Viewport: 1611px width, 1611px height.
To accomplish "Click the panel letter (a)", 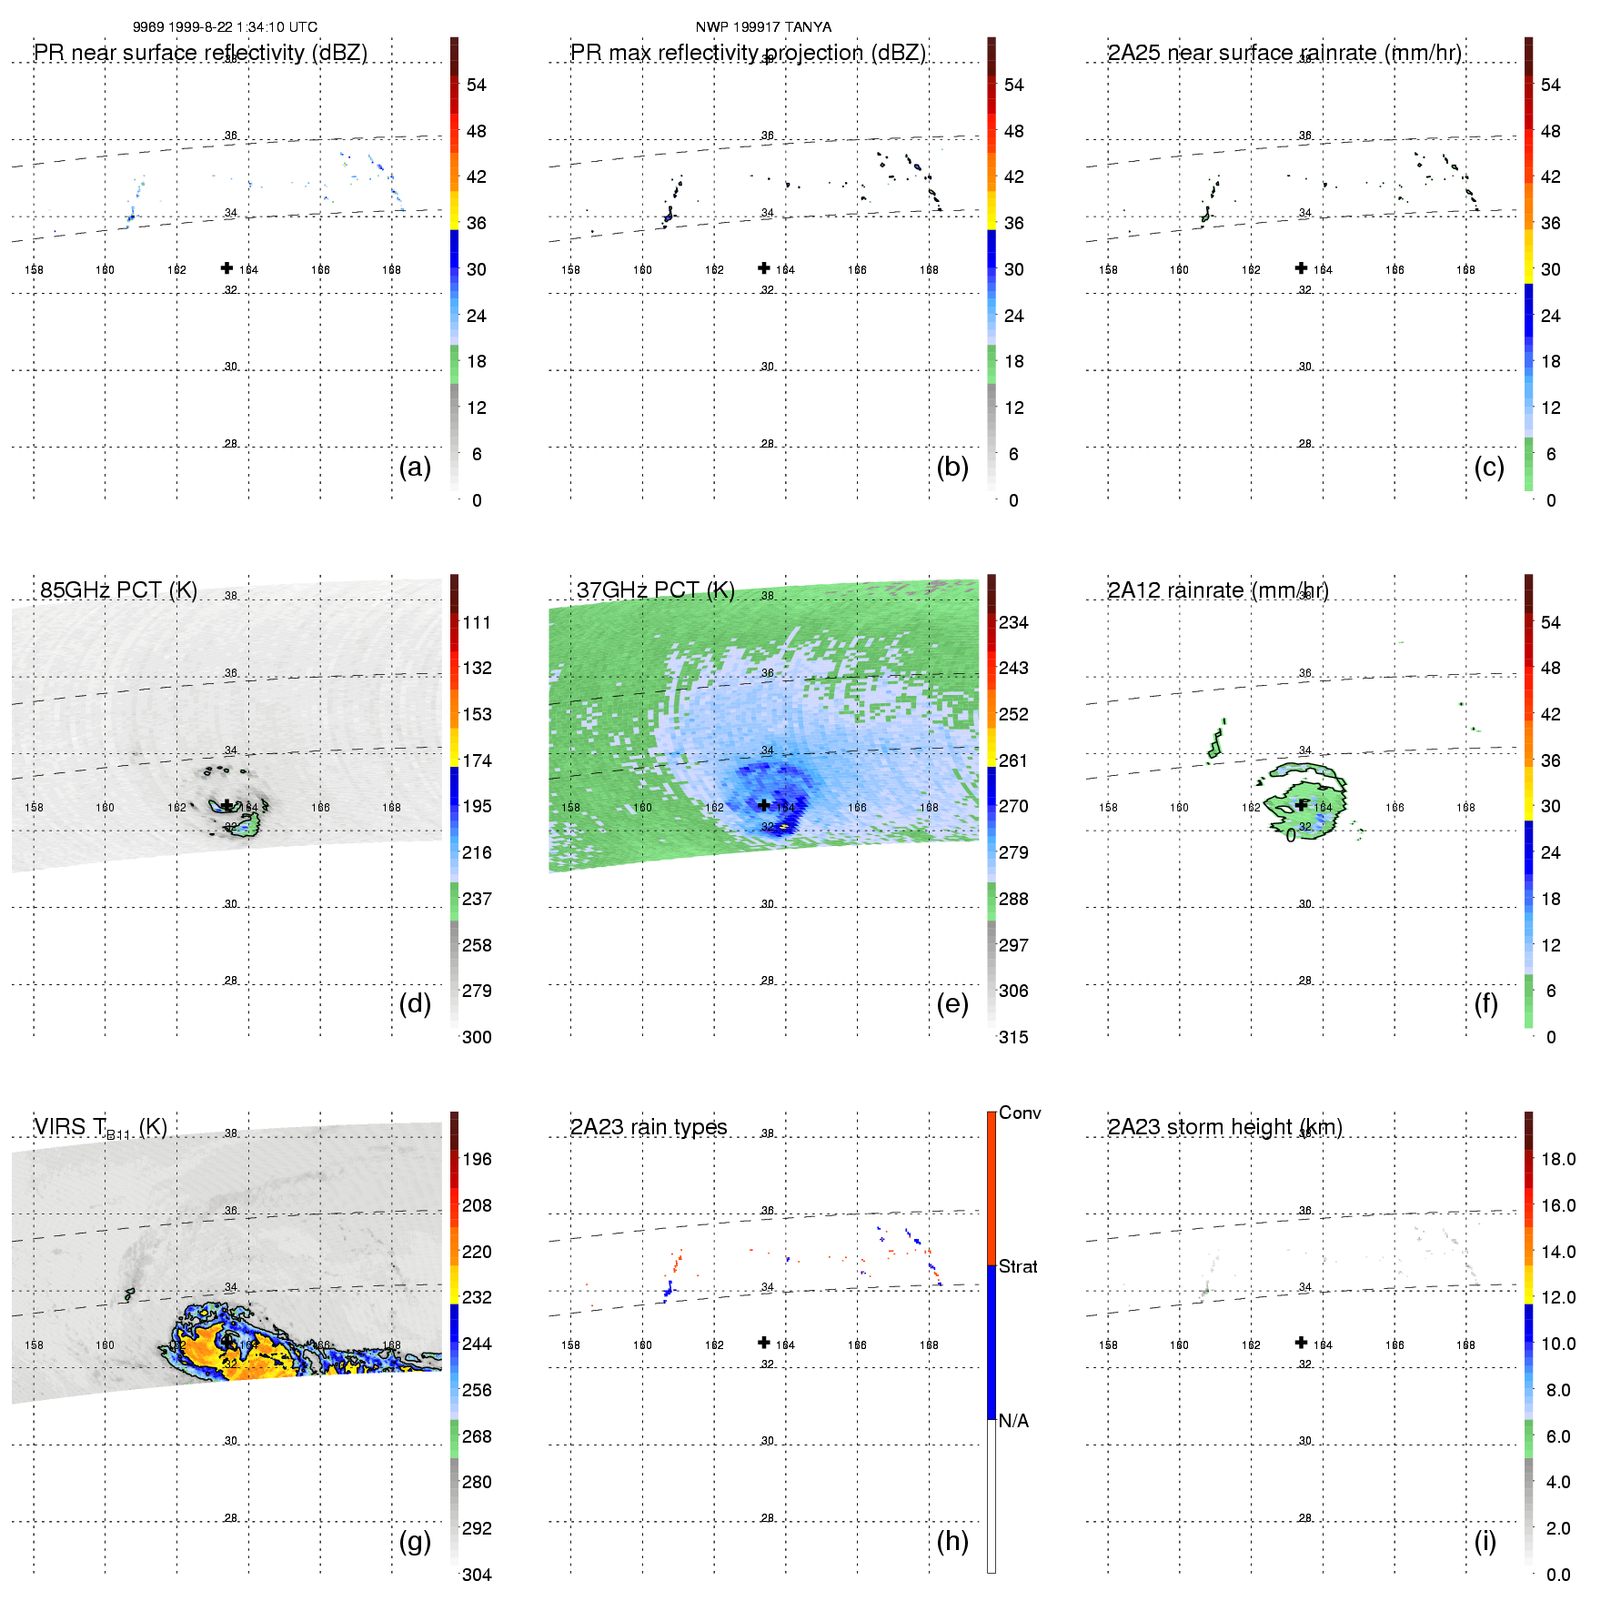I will [x=415, y=467].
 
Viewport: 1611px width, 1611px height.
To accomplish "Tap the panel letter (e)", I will [x=951, y=1003].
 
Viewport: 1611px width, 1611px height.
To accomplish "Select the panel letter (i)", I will [x=1485, y=1541].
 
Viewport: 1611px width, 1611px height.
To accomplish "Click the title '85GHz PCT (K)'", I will [x=118, y=589].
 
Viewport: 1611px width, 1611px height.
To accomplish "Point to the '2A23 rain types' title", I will [x=649, y=1127].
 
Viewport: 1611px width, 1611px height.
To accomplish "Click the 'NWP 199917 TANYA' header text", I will [x=763, y=26].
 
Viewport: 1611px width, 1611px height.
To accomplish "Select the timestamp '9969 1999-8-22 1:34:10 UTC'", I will [x=225, y=26].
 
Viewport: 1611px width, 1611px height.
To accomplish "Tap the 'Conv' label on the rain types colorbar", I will [x=1020, y=1113].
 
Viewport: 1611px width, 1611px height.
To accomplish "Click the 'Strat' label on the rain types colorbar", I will [x=1018, y=1266].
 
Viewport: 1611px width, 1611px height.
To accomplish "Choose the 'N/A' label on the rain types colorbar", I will [x=1013, y=1421].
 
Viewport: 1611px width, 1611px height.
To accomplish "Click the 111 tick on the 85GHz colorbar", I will [x=477, y=622].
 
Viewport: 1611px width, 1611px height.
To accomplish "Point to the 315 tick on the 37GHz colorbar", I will [x=1013, y=1037].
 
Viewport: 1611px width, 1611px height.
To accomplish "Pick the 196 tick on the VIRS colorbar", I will [x=477, y=1159].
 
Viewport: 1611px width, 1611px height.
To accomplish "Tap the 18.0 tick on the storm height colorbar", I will [x=1558, y=1159].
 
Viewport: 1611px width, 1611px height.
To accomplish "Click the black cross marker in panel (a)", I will [x=227, y=267].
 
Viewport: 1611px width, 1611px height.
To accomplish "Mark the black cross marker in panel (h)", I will [x=764, y=1343].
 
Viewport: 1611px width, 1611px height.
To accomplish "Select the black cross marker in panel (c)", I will [x=1302, y=267].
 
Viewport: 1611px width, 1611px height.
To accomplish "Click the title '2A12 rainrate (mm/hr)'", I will [x=1218, y=589].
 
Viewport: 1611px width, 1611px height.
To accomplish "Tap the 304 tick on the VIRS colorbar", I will [x=477, y=1575].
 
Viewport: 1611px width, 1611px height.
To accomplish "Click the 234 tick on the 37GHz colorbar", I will [x=1013, y=622].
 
